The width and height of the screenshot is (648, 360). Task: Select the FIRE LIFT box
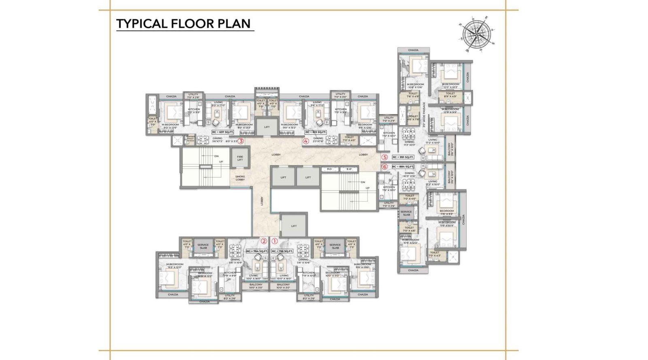(x=240, y=158)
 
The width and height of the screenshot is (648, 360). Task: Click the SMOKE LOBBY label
(x=240, y=178)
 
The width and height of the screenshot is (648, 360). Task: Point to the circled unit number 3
(x=241, y=141)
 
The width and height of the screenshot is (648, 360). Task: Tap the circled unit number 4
(x=306, y=141)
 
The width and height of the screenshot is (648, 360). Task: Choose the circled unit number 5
(x=385, y=157)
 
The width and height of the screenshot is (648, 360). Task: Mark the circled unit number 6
(x=385, y=166)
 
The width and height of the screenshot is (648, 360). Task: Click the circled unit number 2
(x=264, y=241)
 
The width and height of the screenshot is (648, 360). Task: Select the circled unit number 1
(x=275, y=241)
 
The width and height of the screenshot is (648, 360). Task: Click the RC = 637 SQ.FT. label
(x=223, y=132)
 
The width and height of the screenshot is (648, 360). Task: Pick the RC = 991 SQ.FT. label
(x=403, y=157)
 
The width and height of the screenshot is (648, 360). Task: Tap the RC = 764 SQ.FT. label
(x=257, y=251)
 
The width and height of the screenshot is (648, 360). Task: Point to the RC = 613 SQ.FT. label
(x=316, y=132)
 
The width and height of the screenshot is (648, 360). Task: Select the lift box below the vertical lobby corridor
(x=294, y=226)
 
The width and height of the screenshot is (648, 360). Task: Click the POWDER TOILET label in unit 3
(x=190, y=138)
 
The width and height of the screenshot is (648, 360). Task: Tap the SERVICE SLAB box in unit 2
(x=203, y=246)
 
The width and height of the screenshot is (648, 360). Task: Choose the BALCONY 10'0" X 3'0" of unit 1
(x=283, y=286)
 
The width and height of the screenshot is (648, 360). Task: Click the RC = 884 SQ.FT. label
(x=403, y=166)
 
